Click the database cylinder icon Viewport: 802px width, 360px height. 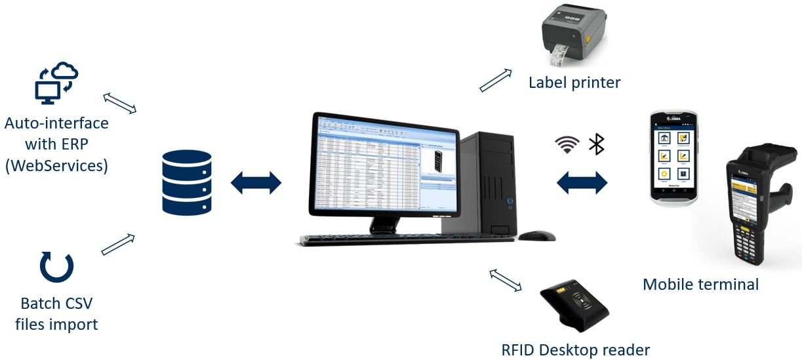pyautogui.click(x=187, y=183)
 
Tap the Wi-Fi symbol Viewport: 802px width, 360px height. pyautogui.click(x=567, y=144)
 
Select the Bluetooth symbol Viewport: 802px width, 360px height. pyautogui.click(x=596, y=144)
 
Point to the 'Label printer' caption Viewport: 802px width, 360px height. pyautogui.click(x=574, y=83)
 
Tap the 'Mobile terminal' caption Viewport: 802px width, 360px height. pyautogui.click(x=700, y=284)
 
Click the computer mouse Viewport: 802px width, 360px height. pyautogui.click(x=537, y=235)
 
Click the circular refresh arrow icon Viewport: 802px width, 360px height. pyautogui.click(x=56, y=266)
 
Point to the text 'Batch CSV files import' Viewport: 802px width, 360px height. pyautogui.click(x=56, y=313)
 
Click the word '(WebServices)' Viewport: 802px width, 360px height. pyautogui.click(x=56, y=165)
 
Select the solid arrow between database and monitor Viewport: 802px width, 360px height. pyautogui.click(x=256, y=183)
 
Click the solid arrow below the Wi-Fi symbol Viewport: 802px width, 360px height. pyautogui.click(x=582, y=183)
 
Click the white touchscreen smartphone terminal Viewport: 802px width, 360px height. pyautogui.click(x=673, y=157)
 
